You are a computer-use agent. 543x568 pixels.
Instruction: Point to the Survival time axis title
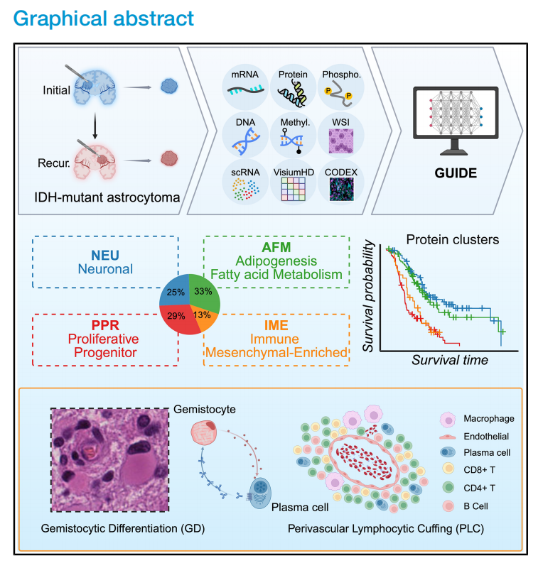pos(450,360)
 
